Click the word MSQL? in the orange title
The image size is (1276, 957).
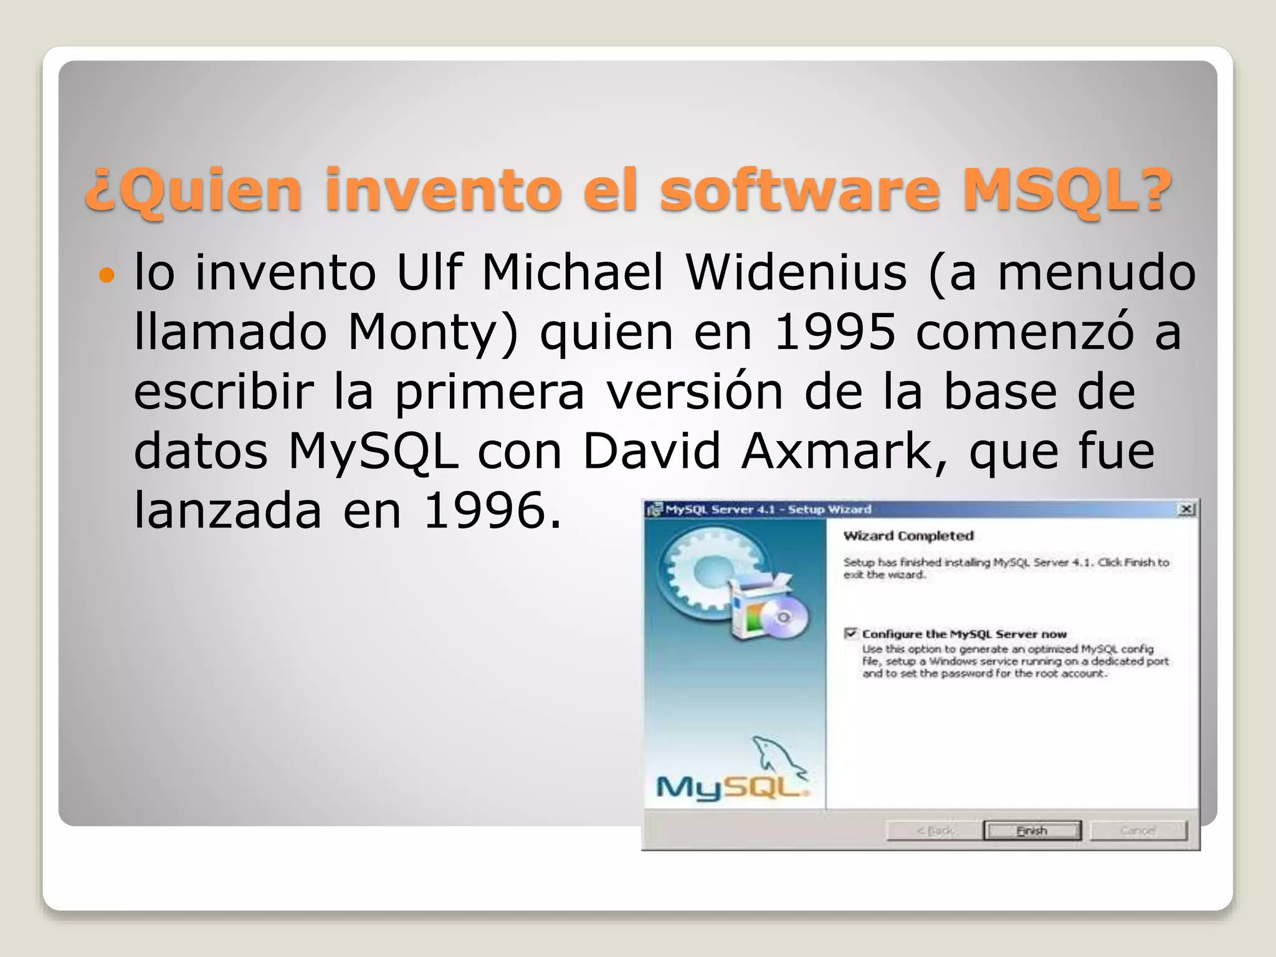pos(1067,189)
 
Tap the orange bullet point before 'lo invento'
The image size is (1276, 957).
pos(107,275)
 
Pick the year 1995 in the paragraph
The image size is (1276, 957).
pos(834,331)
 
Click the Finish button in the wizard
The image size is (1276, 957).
pos(1032,831)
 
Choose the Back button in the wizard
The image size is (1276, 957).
pos(934,831)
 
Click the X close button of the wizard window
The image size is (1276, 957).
pos(1187,510)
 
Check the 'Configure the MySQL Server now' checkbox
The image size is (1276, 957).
pos(850,634)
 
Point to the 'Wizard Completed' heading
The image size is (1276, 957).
pos(908,536)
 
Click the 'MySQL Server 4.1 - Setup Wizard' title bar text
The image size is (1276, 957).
pos(768,510)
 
